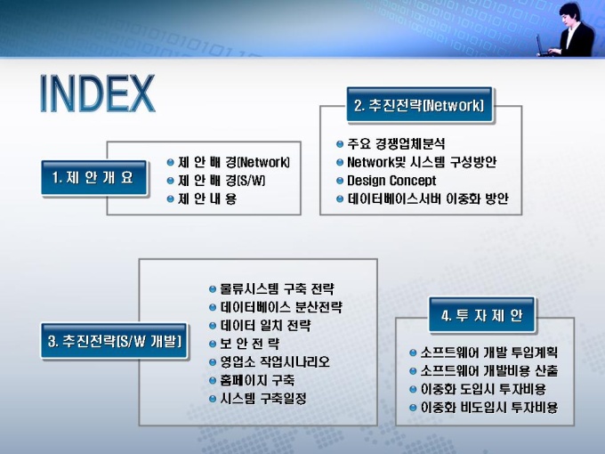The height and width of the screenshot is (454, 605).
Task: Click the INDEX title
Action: pyautogui.click(x=97, y=93)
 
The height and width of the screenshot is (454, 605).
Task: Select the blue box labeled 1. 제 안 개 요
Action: pyautogui.click(x=93, y=178)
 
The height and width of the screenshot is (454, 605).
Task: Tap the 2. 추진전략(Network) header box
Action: pyautogui.click(x=419, y=105)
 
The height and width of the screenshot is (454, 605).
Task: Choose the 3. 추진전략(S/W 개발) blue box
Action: pyautogui.click(x=114, y=341)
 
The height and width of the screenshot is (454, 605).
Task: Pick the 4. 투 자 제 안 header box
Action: pyautogui.click(x=482, y=315)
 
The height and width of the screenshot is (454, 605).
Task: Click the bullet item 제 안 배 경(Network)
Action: pyautogui.click(x=234, y=162)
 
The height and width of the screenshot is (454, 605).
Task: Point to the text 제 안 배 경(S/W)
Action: pyautogui.click(x=222, y=181)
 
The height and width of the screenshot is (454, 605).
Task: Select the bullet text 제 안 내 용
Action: pyautogui.click(x=207, y=199)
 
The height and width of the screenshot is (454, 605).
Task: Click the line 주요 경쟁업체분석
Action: pyautogui.click(x=396, y=143)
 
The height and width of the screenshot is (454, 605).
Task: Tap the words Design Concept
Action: pyautogui.click(x=391, y=181)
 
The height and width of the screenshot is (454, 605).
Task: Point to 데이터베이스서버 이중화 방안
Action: pyautogui.click(x=428, y=199)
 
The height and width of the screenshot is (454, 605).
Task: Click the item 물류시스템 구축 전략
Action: pyautogui.click(x=277, y=288)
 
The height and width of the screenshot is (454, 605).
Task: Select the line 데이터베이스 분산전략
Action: pyautogui.click(x=281, y=307)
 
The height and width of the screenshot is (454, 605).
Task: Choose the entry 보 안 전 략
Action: pyautogui.click(x=250, y=344)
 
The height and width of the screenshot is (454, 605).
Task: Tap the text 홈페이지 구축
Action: pyautogui.click(x=257, y=380)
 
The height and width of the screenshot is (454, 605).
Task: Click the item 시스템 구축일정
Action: pyautogui.click(x=263, y=399)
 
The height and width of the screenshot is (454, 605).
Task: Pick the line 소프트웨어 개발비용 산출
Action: pyautogui.click(x=489, y=370)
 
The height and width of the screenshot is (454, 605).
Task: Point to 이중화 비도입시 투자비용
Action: pyautogui.click(x=489, y=408)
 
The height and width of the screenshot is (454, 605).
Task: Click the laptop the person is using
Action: pyautogui.click(x=544, y=46)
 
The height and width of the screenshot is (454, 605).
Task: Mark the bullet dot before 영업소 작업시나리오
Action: pyautogui.click(x=213, y=362)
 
